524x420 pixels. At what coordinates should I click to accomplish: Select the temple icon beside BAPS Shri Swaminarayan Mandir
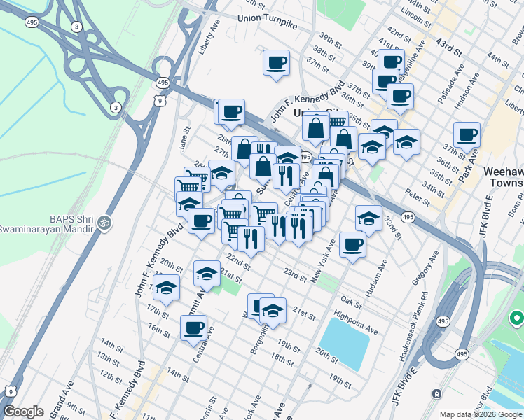click(x=105, y=222)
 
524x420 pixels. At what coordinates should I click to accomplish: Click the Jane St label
click(x=185, y=138)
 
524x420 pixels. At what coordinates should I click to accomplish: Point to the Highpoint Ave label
click(x=357, y=324)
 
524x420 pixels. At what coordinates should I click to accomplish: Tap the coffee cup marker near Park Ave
click(x=467, y=134)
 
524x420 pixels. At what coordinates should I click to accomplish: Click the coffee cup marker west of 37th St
click(x=276, y=63)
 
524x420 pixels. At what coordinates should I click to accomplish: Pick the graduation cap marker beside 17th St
click(x=166, y=287)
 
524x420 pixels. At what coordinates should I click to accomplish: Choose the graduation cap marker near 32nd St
click(x=368, y=218)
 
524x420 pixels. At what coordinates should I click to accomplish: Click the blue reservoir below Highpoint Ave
click(x=344, y=342)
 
